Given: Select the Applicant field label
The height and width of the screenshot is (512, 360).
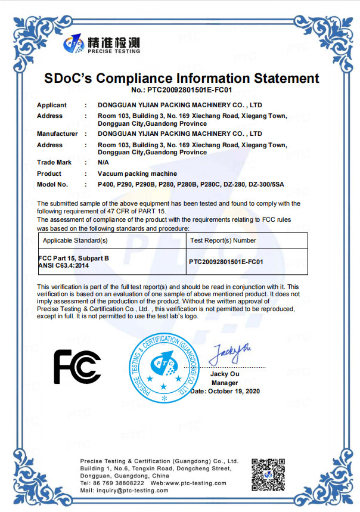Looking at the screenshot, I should click(52, 105).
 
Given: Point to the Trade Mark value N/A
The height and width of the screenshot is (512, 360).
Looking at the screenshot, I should click(104, 162).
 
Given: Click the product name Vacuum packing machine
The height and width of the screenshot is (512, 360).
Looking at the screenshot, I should click(137, 173).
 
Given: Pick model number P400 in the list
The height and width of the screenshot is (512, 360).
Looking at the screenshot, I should click(105, 184).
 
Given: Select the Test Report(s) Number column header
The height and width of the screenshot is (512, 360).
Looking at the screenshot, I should click(223, 241).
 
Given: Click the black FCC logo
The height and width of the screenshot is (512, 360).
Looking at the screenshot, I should click(77, 366).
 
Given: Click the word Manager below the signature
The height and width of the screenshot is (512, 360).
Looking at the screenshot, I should click(225, 383).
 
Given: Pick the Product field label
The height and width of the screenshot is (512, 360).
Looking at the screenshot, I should click(49, 173).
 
